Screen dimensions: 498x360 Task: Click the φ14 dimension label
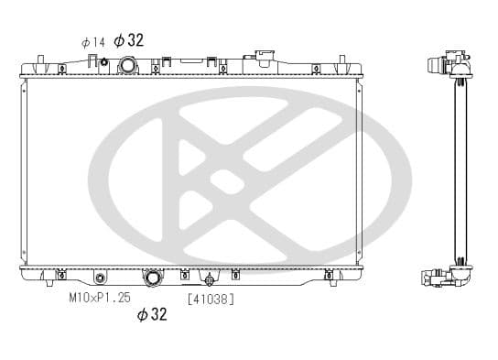92,42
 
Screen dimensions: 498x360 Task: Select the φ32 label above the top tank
129,40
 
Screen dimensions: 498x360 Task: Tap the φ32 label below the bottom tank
152,314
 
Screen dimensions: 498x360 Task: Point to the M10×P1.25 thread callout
100,298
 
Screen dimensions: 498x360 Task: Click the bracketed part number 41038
211,300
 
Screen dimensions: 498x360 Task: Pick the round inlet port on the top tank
128,65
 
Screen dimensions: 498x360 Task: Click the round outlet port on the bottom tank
154,278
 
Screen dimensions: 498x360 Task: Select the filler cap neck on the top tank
263,58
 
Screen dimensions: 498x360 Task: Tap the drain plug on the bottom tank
210,280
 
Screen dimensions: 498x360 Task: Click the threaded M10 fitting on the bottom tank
100,278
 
